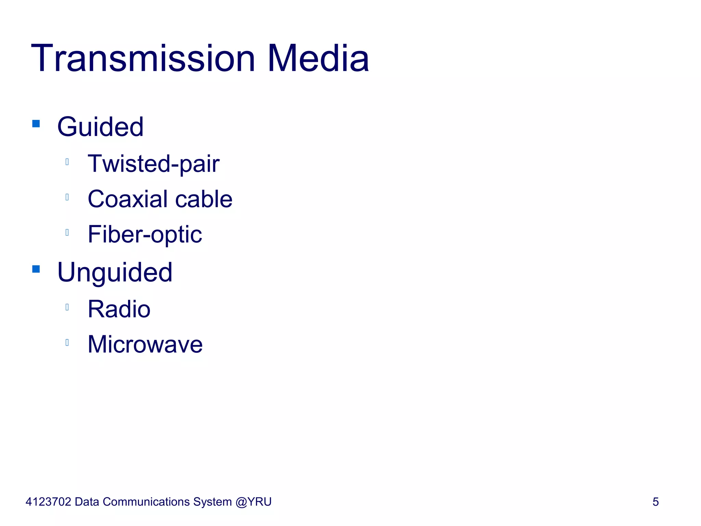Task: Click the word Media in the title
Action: pyautogui.click(x=318, y=59)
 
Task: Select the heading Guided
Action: pyautogui.click(x=100, y=127)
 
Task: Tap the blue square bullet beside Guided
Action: pyautogui.click(x=36, y=123)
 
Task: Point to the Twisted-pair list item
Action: pyautogui.click(x=153, y=164)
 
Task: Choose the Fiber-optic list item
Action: pyautogui.click(x=145, y=235)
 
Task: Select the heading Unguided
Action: pyautogui.click(x=115, y=273)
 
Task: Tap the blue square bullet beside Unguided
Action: pyautogui.click(x=36, y=269)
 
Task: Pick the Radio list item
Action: pyautogui.click(x=119, y=309)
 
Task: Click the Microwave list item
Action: pyautogui.click(x=145, y=345)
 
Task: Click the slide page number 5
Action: pyautogui.click(x=655, y=502)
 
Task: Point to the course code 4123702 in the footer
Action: pyautogui.click(x=48, y=502)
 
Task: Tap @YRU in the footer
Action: pyautogui.click(x=254, y=502)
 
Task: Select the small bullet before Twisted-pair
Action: pyautogui.click(x=67, y=162)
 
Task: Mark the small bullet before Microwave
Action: pyautogui.click(x=67, y=342)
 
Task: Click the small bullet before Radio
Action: pyautogui.click(x=67, y=307)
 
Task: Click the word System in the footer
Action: pyautogui.click(x=212, y=502)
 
